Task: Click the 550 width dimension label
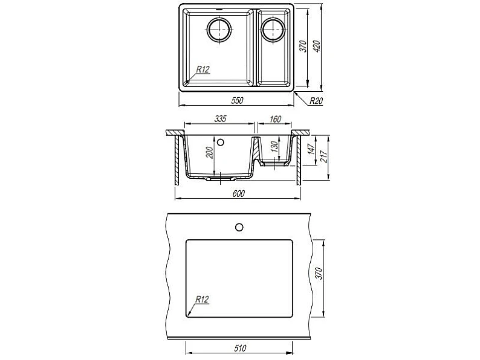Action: coord(237,100)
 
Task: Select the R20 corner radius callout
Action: coord(316,101)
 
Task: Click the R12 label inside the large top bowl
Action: coord(203,69)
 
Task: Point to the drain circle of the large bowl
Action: coord(219,30)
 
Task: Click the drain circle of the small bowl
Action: coord(273,30)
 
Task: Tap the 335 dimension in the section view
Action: coord(220,118)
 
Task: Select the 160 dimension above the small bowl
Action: coord(275,119)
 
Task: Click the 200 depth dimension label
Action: coord(209,153)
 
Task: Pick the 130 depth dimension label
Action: coord(274,147)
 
